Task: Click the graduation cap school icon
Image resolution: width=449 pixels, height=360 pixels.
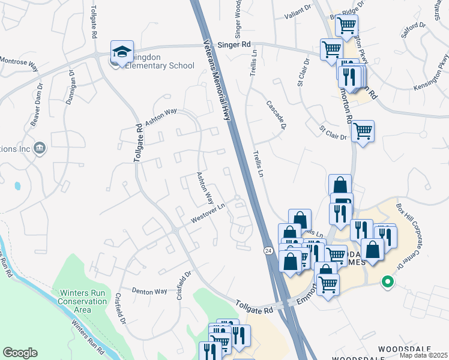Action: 121,52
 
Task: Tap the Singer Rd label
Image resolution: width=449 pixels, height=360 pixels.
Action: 234,45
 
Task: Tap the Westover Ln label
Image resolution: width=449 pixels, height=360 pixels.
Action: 208,214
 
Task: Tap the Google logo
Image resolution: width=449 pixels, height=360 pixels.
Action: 20,353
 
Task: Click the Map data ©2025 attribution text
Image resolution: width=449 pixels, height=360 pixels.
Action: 423,355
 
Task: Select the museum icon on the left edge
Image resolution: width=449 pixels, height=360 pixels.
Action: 40,148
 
